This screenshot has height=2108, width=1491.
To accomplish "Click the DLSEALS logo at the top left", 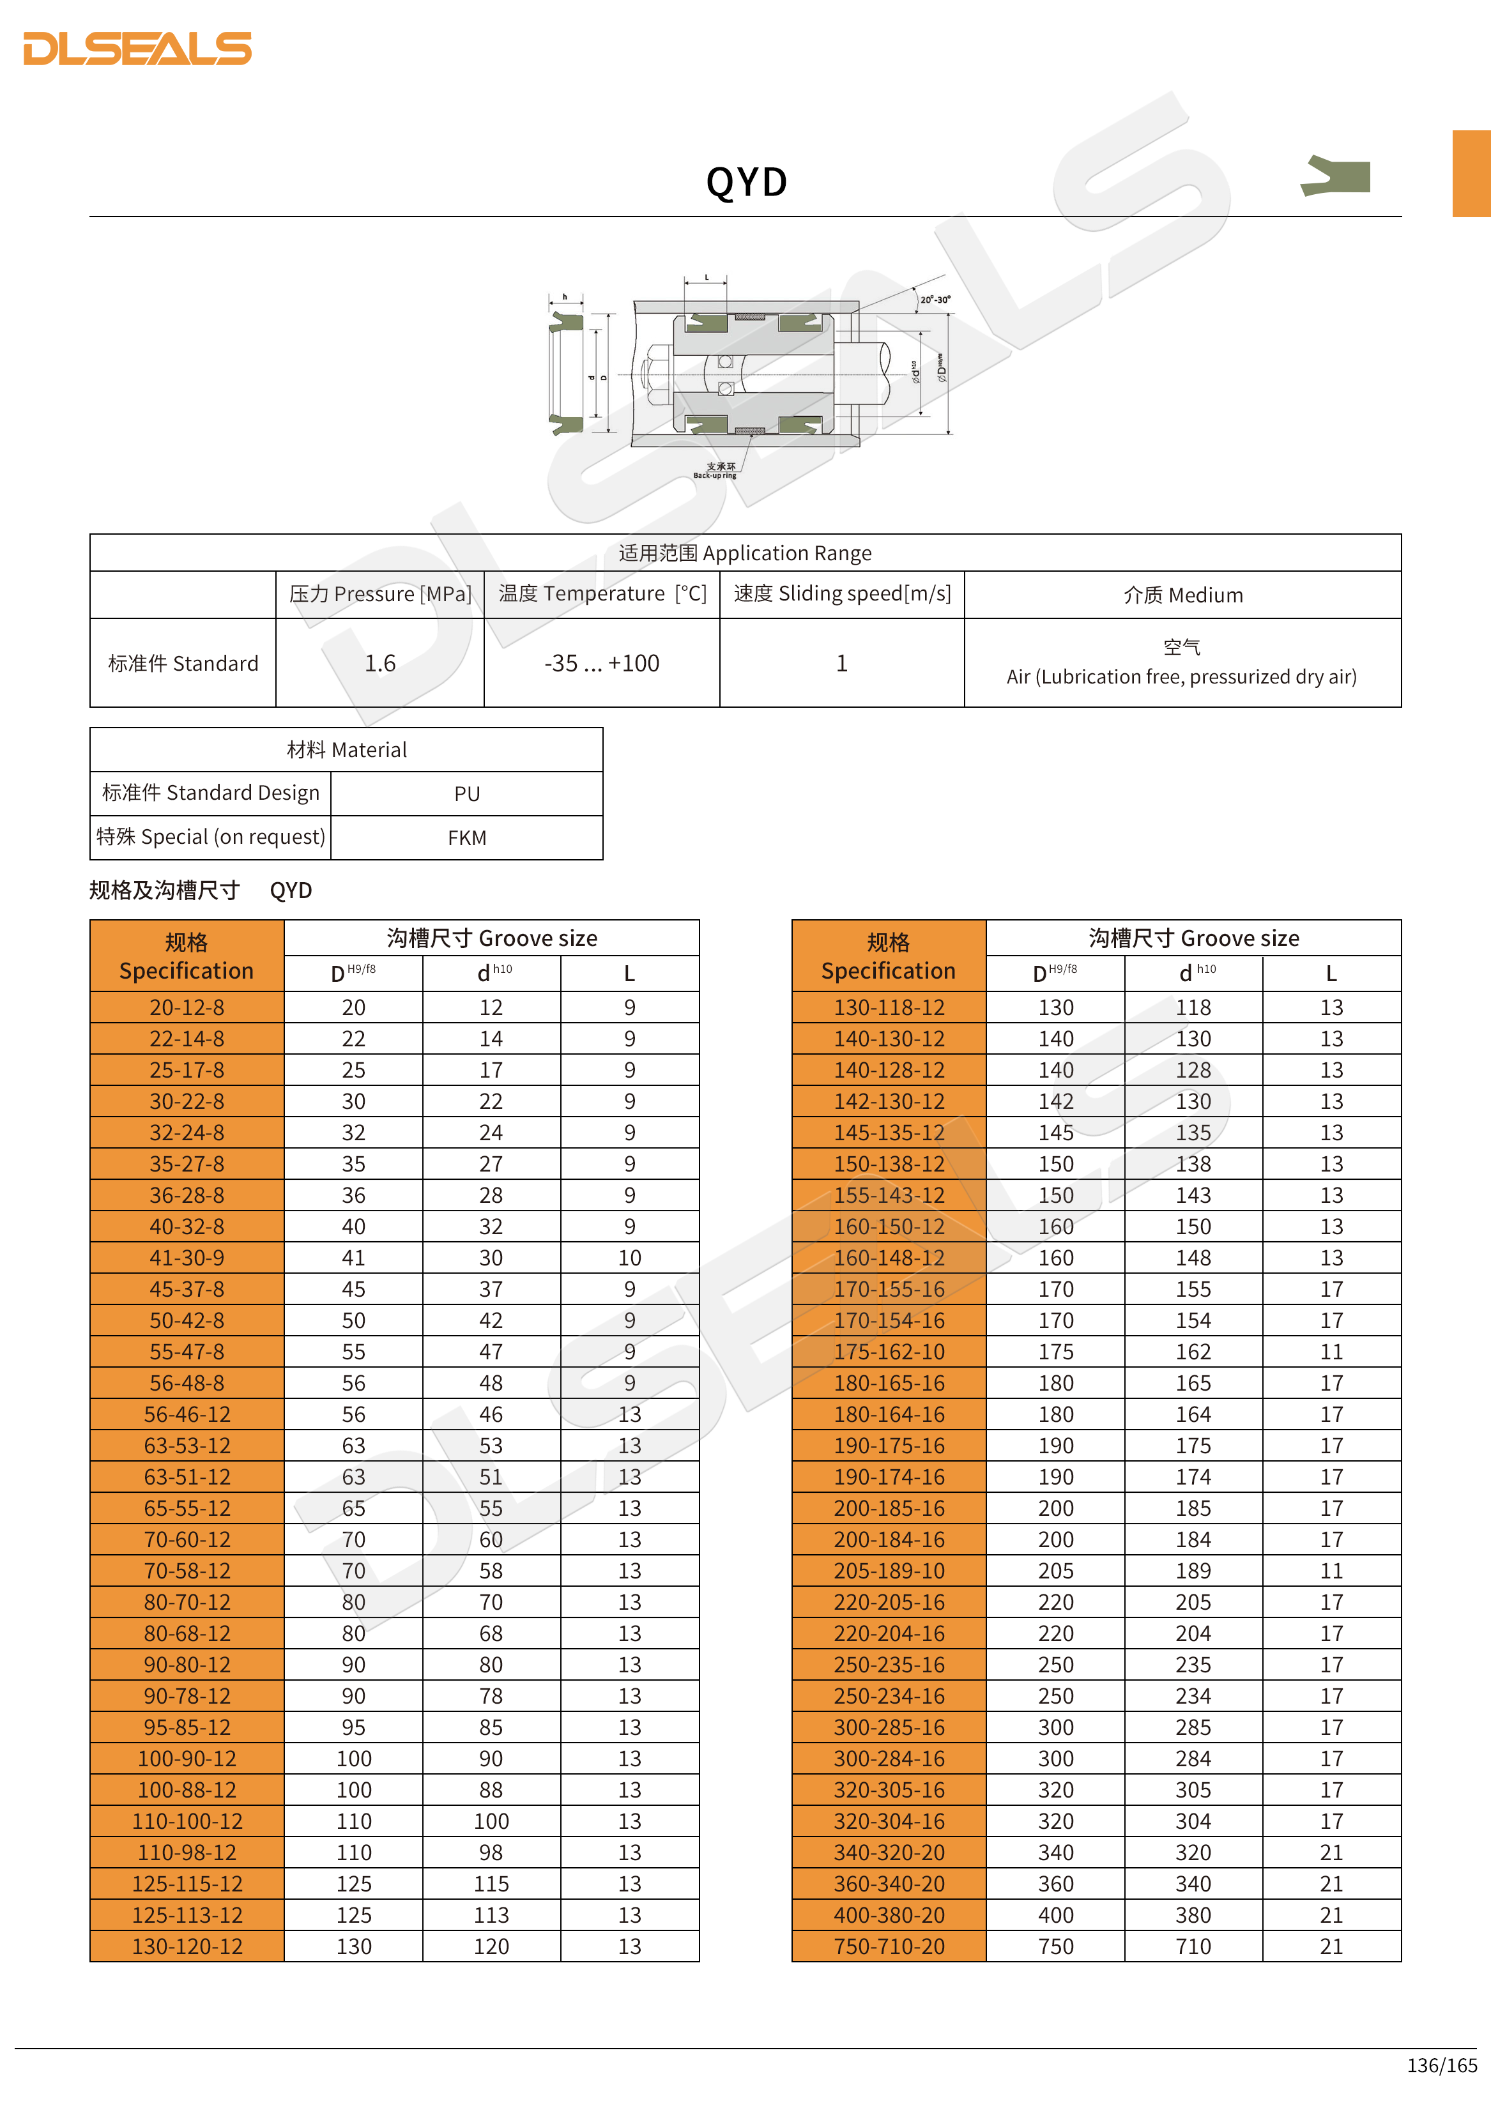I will pos(138,49).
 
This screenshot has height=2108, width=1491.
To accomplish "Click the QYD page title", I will pos(746,182).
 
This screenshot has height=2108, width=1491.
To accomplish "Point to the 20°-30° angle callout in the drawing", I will pos(935,300).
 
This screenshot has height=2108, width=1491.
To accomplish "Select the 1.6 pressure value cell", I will pos(380,663).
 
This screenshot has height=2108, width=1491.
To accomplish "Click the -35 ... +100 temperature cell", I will pos(601,663).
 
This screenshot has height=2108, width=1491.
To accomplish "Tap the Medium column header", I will pos(1182,595).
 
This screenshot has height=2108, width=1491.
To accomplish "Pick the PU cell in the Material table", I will pos(466,793).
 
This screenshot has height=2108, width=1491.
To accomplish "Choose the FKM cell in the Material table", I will pos(466,837).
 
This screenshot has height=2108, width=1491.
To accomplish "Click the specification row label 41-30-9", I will pos(187,1258).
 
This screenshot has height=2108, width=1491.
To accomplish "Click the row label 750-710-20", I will pos(889,1946).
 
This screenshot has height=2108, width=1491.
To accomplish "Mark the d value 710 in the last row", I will pos(1193,1946).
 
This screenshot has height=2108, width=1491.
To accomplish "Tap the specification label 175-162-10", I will pos(889,1352).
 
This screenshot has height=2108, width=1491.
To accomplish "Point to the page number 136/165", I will pos(1441,2065).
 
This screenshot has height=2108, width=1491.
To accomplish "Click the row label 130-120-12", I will pos(187,1946).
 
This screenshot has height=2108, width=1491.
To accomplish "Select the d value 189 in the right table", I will pos(1193,1571).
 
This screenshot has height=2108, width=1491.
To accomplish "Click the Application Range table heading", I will pos(745,553).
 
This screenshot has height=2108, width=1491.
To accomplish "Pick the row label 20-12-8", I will pos(187,1007).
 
